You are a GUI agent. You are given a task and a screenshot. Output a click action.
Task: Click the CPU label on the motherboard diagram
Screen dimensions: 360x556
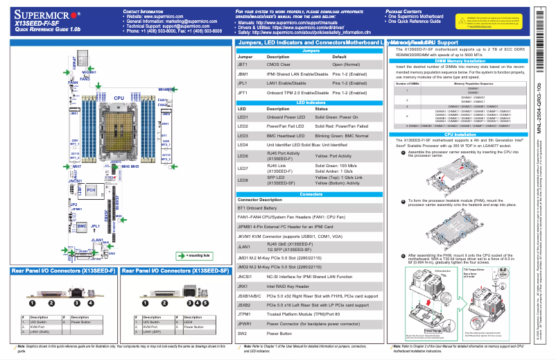(x=119, y=99)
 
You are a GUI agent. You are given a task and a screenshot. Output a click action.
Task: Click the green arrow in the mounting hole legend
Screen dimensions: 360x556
(x=182, y=256)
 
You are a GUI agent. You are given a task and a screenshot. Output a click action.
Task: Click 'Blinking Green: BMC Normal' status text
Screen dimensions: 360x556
(x=347, y=135)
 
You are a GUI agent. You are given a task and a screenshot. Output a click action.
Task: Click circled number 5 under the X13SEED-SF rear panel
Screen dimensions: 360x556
(x=206, y=303)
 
